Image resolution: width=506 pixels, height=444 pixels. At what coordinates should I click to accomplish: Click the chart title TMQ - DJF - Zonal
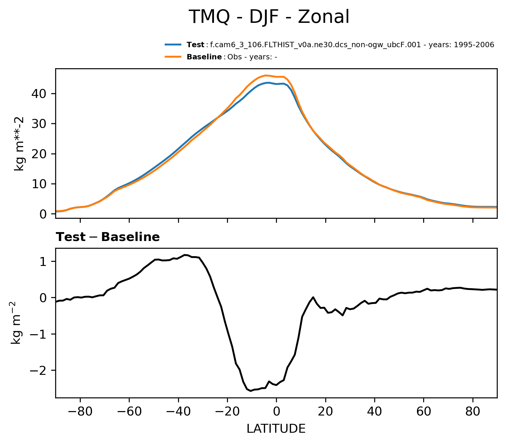click(269, 17)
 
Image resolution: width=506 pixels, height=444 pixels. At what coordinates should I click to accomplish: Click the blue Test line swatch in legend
click(173, 45)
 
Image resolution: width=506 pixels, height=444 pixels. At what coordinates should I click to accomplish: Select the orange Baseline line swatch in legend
click(173, 57)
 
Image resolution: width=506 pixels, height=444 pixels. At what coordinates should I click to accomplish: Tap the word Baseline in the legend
click(204, 57)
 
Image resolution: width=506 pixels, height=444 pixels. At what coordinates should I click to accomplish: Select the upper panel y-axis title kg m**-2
click(20, 144)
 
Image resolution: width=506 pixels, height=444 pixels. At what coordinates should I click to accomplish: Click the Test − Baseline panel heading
click(108, 237)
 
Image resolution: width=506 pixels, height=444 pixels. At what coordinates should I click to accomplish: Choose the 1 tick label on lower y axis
click(44, 261)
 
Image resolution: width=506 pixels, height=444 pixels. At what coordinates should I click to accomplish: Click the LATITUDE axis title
click(276, 429)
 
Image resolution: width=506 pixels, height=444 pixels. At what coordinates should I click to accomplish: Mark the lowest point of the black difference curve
click(251, 391)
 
